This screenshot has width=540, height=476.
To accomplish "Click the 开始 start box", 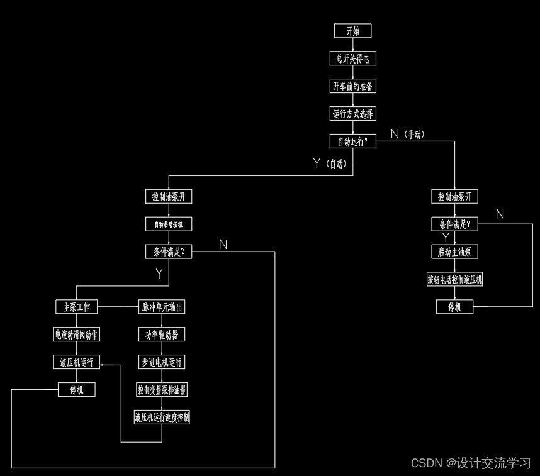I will tap(352, 31).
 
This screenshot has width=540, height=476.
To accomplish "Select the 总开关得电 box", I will tap(352, 58).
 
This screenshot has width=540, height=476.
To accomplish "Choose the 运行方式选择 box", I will tap(353, 114).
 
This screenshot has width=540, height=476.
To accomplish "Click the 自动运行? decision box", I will tap(353, 141).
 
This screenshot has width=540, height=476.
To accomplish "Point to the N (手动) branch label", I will tap(407, 134).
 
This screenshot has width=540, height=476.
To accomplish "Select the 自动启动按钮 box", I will tap(169, 224).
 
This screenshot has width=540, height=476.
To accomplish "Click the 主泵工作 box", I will tap(77, 307).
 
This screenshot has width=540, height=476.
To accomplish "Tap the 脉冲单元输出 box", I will tap(162, 307).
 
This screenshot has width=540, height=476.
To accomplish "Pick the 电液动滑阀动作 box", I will tap(77, 335).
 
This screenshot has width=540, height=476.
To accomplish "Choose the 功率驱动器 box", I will tap(162, 335).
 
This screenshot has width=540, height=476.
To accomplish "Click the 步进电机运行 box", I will tap(162, 362).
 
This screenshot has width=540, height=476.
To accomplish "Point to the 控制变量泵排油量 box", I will tap(162, 390).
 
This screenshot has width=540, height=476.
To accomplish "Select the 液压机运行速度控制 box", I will tap(162, 418).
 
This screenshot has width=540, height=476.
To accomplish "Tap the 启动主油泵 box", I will tap(455, 252).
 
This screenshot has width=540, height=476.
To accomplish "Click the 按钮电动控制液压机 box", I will tap(455, 279).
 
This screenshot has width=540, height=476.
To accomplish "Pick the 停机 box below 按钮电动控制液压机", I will tap(455, 307).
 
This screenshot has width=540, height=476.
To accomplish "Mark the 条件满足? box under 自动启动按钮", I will tap(169, 252).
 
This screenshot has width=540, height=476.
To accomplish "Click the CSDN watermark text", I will tap(471, 463).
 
